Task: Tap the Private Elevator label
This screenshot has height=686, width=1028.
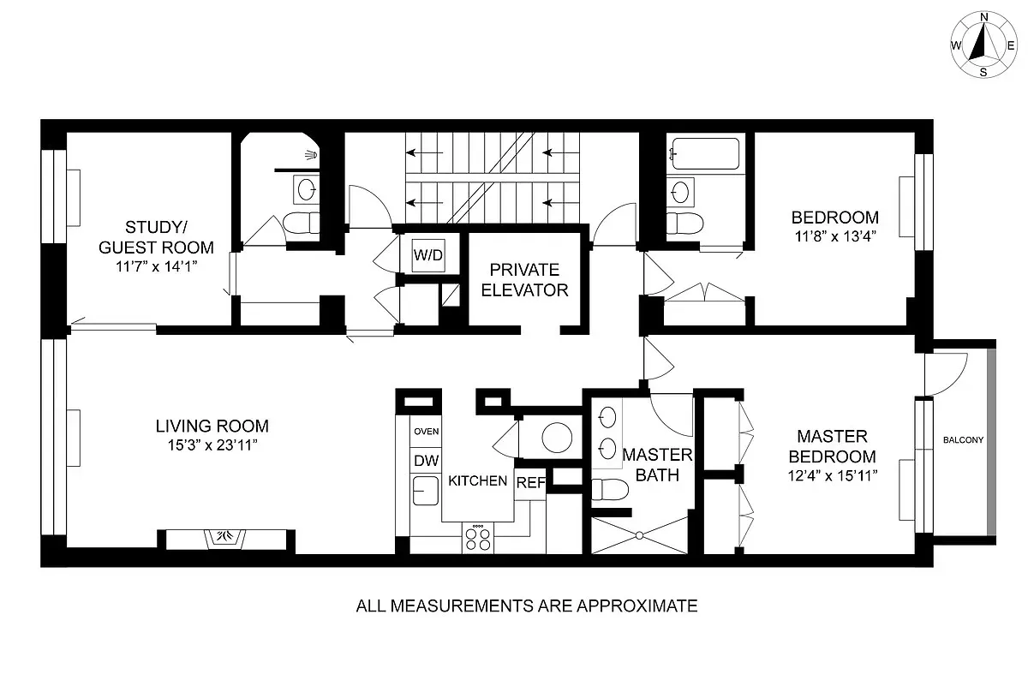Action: (x=524, y=279)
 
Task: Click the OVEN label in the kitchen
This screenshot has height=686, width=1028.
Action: (x=426, y=432)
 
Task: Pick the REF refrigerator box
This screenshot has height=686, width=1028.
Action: (x=530, y=482)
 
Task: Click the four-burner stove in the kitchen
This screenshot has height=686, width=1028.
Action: (x=478, y=539)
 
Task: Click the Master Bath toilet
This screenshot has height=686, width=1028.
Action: (x=610, y=491)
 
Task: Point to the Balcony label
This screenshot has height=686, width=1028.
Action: (x=964, y=440)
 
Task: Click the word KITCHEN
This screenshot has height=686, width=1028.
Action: (x=477, y=481)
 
